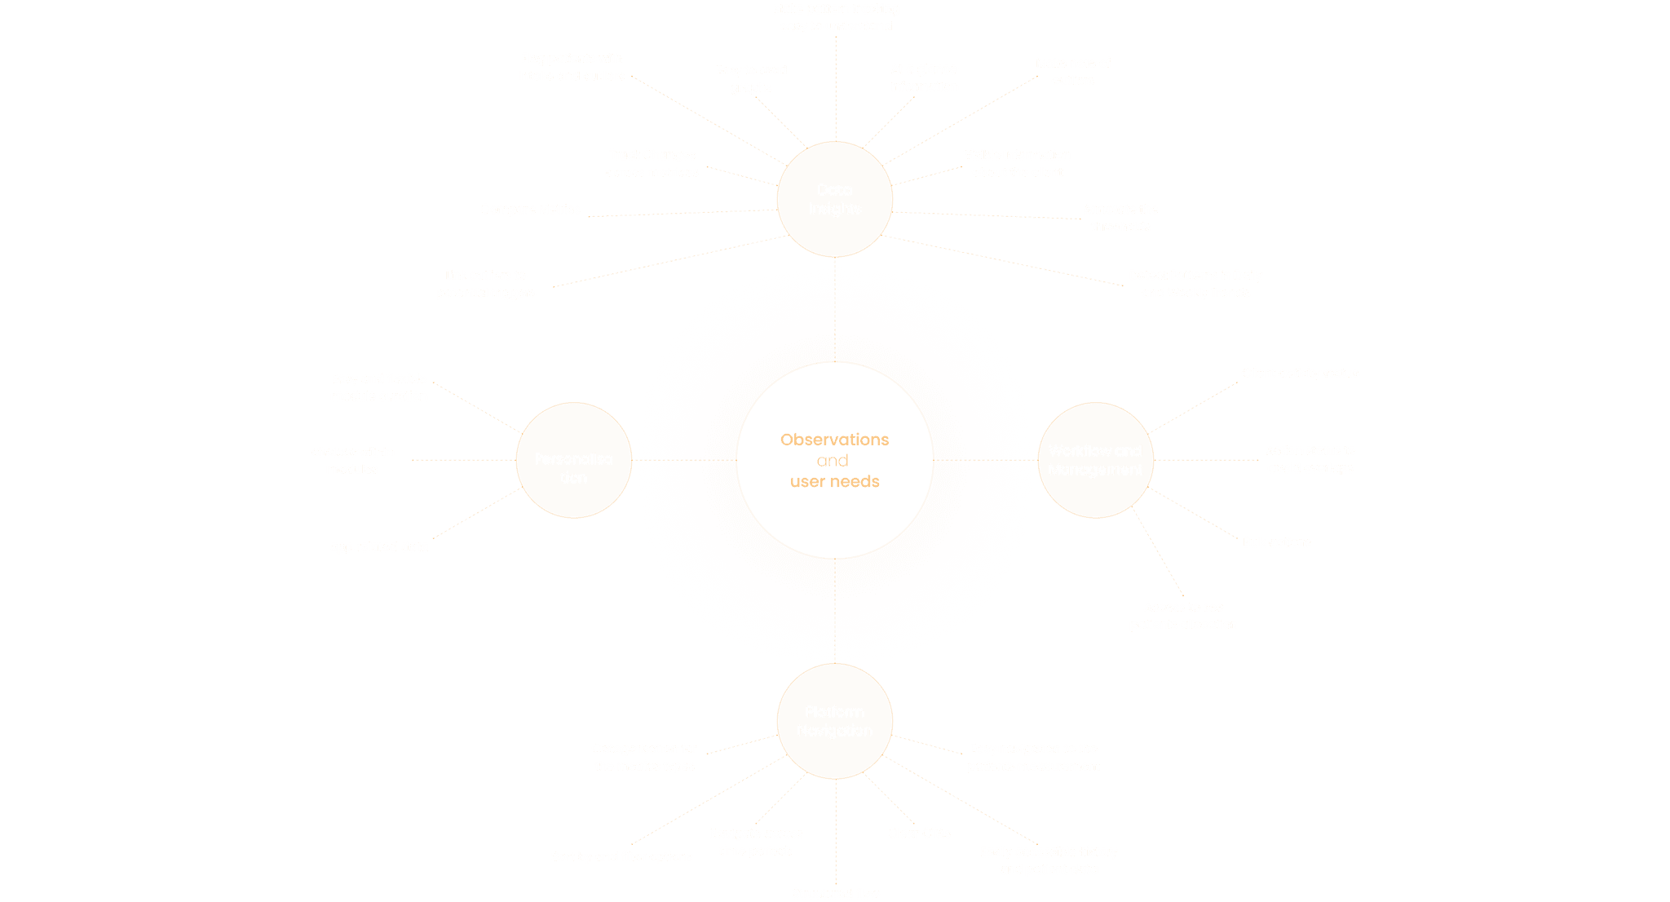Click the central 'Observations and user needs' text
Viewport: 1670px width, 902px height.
pyautogui.click(x=834, y=460)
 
